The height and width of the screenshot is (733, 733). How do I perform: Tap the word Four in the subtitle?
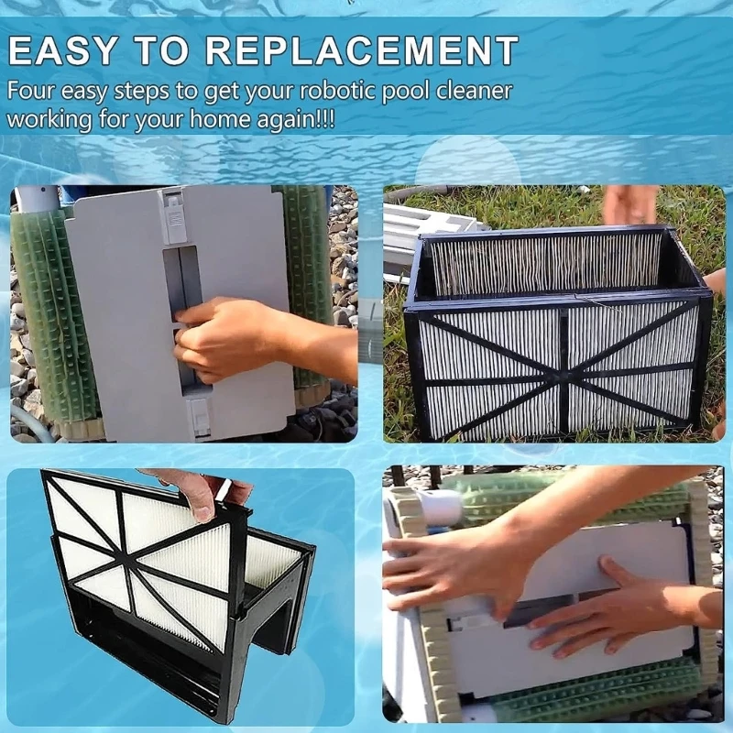[x=33, y=92]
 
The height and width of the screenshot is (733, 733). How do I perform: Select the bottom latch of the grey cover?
[x=197, y=417]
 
